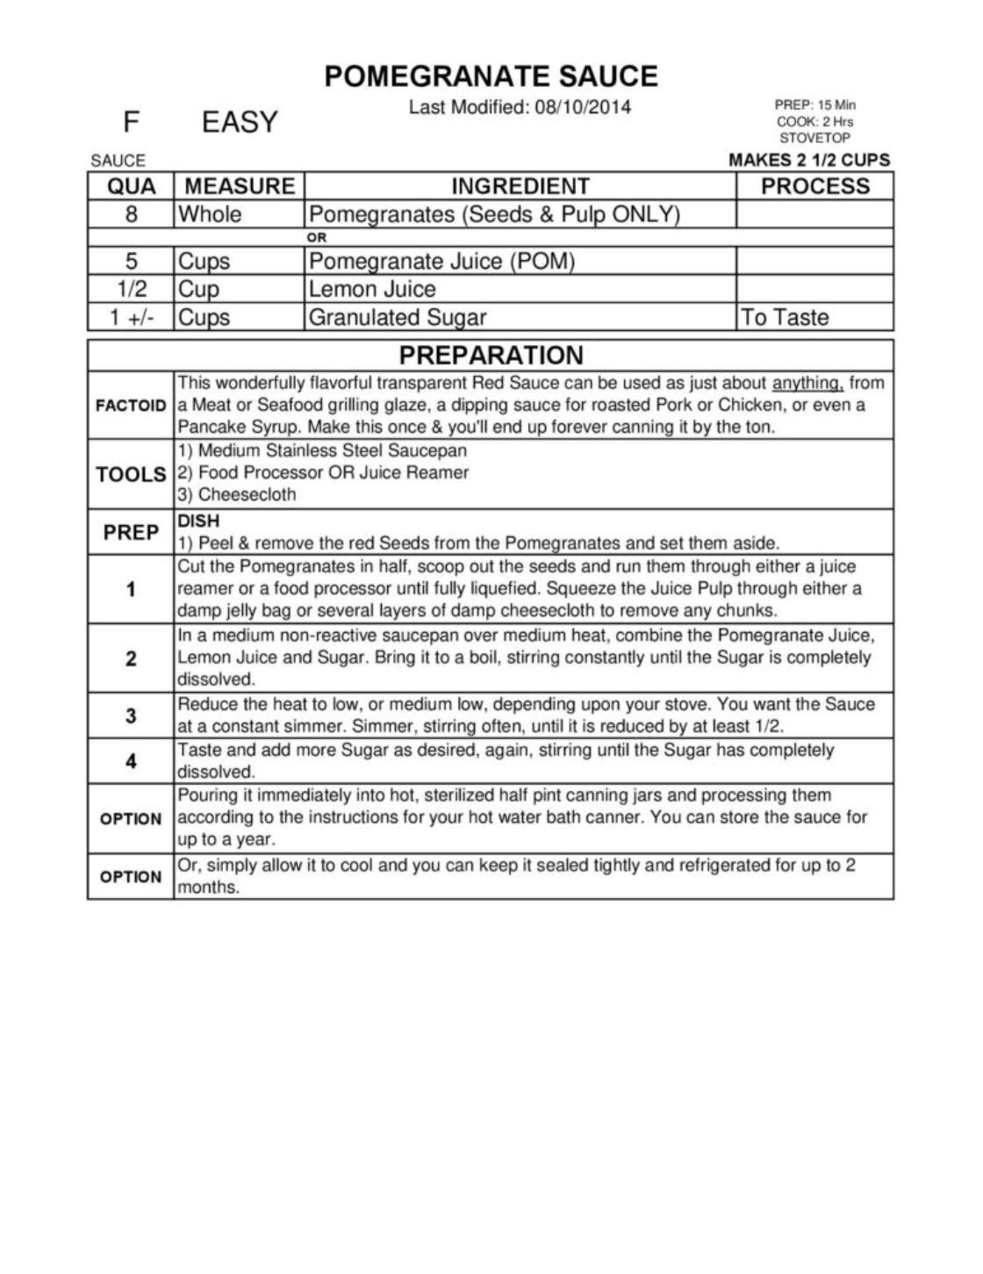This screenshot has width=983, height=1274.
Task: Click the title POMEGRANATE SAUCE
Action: tap(491, 76)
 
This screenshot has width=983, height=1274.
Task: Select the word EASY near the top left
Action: tap(240, 122)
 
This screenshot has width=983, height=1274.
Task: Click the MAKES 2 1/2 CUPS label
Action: tap(808, 160)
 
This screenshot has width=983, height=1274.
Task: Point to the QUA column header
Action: tap(131, 186)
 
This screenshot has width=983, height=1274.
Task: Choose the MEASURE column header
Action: tap(240, 186)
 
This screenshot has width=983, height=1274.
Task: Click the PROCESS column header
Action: tap(814, 186)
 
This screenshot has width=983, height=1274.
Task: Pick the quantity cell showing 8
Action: tap(131, 214)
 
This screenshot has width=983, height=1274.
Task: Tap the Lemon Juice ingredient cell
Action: tap(372, 289)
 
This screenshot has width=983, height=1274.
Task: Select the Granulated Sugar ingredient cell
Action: tap(397, 317)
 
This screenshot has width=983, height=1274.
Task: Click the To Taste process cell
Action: tap(785, 317)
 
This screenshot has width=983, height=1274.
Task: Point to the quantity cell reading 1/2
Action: tap(131, 289)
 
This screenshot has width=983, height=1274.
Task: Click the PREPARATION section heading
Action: tap(491, 355)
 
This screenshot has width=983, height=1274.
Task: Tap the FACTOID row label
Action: tap(131, 406)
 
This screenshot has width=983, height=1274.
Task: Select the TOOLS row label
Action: tap(131, 474)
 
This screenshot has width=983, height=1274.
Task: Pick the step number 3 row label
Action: tap(131, 716)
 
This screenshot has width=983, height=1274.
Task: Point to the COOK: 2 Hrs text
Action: tap(814, 121)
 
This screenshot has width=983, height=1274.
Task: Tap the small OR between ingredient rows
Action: tap(316, 237)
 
